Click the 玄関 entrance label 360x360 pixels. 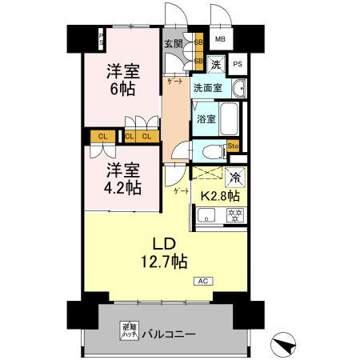(173, 43)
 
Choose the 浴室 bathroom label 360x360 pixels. (206, 119)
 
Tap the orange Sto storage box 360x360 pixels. (234, 146)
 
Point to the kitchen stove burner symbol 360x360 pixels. (235, 214)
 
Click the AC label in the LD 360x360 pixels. (202, 281)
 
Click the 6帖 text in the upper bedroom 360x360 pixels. (124, 88)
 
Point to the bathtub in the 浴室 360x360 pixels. (229, 119)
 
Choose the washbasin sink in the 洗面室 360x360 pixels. (240, 86)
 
